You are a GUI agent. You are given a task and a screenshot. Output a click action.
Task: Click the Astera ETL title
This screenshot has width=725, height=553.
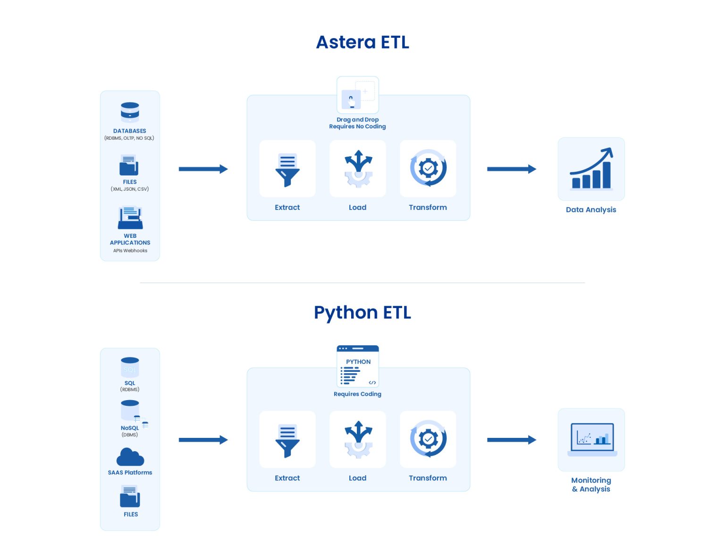pos(362,42)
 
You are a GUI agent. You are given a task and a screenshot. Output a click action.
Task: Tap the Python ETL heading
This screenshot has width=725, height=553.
pos(362,313)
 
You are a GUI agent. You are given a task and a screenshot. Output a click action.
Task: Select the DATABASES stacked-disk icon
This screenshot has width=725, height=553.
pos(130,113)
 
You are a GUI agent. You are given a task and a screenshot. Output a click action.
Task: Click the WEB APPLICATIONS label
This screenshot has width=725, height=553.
pos(130,239)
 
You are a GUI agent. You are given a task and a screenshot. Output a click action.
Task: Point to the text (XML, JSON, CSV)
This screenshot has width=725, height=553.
pos(130,189)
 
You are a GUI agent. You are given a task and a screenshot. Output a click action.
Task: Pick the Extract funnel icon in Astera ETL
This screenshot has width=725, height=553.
pos(287,169)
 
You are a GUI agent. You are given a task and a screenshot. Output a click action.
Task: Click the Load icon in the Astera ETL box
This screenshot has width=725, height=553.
pos(358,169)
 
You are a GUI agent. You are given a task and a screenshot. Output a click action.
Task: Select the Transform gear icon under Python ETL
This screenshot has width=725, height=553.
pos(428,439)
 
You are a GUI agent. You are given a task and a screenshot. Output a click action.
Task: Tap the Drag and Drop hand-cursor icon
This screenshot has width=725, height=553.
pos(352,100)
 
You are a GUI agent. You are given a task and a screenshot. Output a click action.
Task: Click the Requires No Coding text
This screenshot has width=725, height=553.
pos(357,126)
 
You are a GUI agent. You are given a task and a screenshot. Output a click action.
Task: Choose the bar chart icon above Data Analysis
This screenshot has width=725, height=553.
pos(591,169)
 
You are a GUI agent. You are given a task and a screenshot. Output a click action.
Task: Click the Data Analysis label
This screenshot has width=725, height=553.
pos(591,210)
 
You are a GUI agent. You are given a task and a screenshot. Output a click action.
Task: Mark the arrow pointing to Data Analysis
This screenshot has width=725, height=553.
pos(511,169)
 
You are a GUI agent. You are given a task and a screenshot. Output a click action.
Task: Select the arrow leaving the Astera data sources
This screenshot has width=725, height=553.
pos(203,169)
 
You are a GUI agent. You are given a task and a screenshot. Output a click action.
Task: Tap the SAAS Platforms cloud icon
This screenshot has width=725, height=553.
pos(130,457)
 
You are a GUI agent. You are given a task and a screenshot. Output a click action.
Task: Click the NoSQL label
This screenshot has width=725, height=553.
pos(129,428)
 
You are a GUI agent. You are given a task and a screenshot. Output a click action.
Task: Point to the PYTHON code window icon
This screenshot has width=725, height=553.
pos(358,367)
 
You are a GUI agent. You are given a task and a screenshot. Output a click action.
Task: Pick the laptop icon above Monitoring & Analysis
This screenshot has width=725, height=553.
pos(592,439)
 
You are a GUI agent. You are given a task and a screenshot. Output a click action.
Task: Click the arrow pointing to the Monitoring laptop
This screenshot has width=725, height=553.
pos(511,440)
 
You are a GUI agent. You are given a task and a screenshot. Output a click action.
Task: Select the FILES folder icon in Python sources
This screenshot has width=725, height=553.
pos(130,497)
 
